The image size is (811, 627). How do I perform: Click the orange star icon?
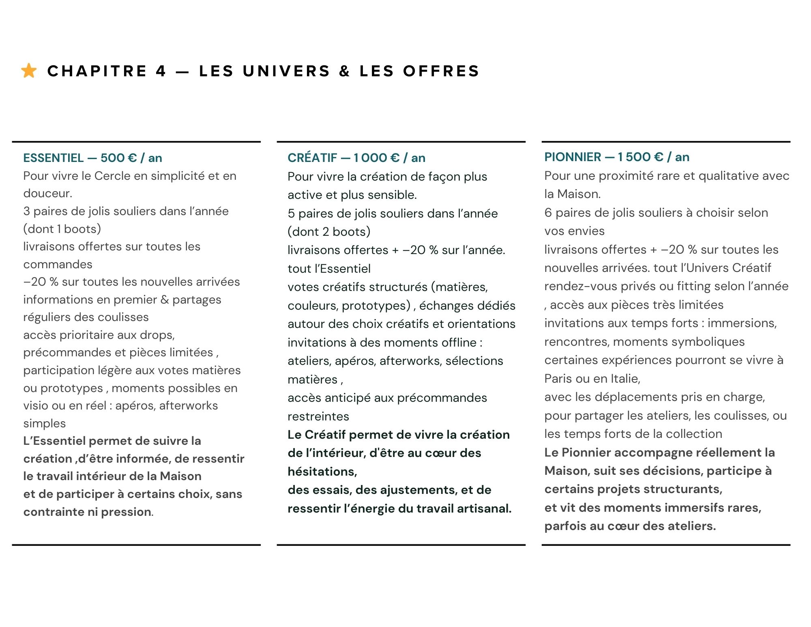(29, 71)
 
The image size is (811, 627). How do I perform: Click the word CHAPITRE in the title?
(97, 71)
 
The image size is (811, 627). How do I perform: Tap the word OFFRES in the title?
(441, 71)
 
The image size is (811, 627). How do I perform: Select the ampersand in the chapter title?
(344, 71)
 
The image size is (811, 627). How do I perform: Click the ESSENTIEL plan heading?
(54, 158)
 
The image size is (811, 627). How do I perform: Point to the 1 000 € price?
(376, 158)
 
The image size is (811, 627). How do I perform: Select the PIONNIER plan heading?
(573, 157)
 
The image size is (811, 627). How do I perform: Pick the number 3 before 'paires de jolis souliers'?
(27, 211)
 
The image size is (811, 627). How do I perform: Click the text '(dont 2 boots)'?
(329, 232)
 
